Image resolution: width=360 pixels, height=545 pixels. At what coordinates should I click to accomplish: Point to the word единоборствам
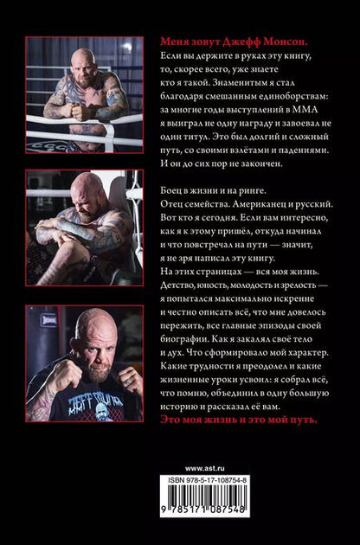coord(288,96)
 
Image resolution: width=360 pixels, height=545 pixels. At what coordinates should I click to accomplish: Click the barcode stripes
coord(204,496)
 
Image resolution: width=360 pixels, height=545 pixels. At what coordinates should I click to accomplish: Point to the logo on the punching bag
coord(48,320)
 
